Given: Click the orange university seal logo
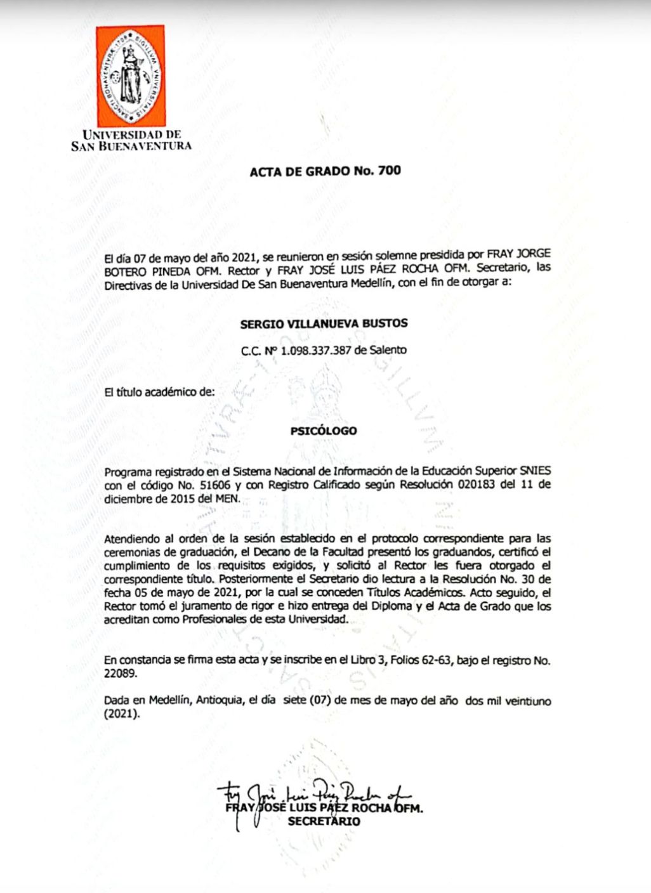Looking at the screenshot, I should (131, 76).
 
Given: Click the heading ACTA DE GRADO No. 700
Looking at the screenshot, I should (325, 171).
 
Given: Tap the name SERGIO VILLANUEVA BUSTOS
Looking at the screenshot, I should (324, 323).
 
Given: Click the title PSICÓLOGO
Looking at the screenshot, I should (324, 431).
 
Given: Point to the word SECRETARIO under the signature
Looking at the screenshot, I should (324, 821).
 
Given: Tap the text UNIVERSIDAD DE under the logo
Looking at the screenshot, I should (132, 134).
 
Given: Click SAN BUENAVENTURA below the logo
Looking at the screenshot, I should (131, 146).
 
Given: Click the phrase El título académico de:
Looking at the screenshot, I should (159, 392).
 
